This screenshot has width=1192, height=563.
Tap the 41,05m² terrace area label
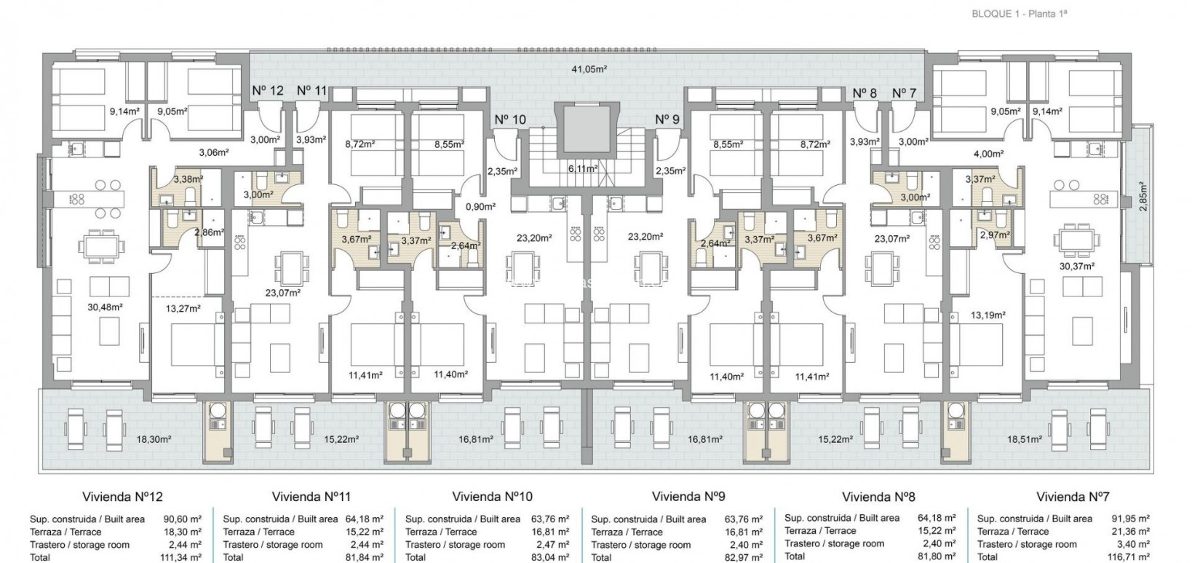tap(589, 69)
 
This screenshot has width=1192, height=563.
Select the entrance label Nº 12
tap(268, 90)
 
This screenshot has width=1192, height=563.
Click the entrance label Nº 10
tap(509, 119)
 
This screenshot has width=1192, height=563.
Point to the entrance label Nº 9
tap(667, 119)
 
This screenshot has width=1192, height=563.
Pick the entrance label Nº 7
tap(904, 93)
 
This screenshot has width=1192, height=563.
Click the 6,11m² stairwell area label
tap(583, 168)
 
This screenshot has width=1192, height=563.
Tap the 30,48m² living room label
tap(105, 307)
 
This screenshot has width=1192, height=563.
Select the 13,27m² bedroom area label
tap(183, 307)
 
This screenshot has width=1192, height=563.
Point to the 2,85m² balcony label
tap(1143, 198)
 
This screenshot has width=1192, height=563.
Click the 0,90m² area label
tap(480, 206)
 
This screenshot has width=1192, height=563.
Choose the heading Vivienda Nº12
tap(124, 497)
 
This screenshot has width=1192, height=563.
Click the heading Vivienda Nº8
tap(878, 497)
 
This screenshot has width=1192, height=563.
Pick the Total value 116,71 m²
tap(1129, 556)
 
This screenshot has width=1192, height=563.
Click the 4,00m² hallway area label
tap(988, 154)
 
